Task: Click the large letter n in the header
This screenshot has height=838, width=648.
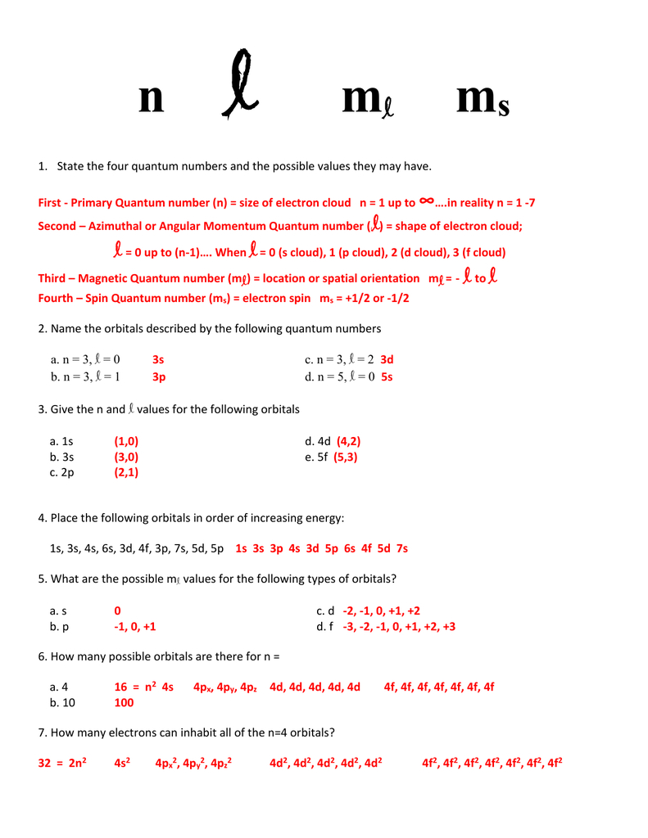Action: [x=151, y=99]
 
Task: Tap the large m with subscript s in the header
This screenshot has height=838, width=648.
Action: [x=483, y=101]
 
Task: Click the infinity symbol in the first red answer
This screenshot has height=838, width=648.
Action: [x=426, y=200]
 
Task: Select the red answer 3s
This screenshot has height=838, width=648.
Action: [x=159, y=359]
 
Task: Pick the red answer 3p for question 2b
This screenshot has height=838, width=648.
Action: [x=159, y=377]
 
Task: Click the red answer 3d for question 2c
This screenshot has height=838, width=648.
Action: [x=387, y=359]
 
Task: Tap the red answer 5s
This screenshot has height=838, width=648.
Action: [x=387, y=377]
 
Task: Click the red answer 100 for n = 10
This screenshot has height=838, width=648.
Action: [x=124, y=703]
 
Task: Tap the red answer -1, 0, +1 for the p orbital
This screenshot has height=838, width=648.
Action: [x=135, y=627]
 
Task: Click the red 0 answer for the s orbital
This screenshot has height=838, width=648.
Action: [x=118, y=610]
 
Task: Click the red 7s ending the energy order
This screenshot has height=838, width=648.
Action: [x=401, y=548]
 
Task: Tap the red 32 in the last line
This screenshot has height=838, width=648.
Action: [x=46, y=764]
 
